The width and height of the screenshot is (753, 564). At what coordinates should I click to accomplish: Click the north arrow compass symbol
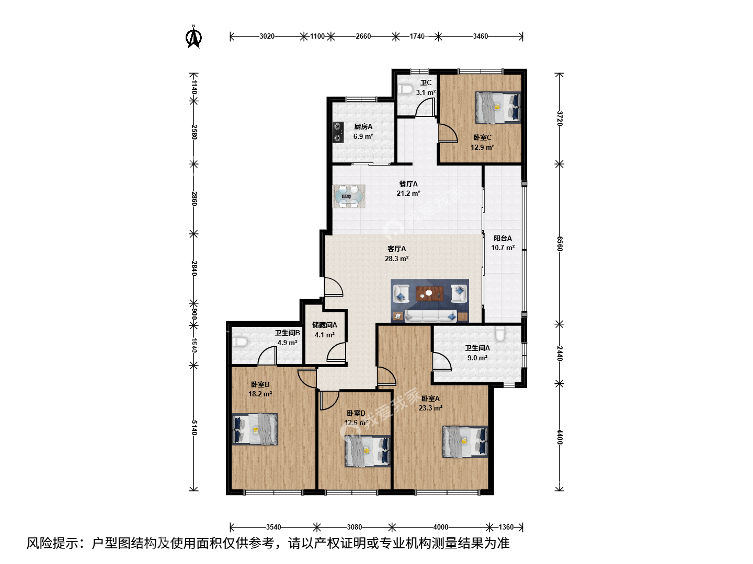[x=193, y=37]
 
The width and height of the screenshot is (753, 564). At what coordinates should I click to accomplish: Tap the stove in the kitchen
[x=338, y=132]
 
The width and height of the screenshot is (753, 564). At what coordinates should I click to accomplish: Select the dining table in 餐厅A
[x=349, y=196]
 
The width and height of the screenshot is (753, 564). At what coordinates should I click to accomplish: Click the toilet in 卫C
[x=406, y=89]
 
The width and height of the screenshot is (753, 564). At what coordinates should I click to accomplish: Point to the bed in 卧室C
[x=498, y=107]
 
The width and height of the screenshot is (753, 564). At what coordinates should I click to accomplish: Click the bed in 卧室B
[x=255, y=429]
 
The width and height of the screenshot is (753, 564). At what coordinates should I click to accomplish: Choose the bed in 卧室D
[x=368, y=451]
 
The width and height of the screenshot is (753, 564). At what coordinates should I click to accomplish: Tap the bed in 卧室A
[x=465, y=442]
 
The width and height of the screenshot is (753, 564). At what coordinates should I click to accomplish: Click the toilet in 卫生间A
[x=500, y=334]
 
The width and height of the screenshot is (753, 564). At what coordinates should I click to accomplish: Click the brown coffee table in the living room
[x=429, y=294]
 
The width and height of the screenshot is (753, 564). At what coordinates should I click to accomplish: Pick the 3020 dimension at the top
[x=267, y=37]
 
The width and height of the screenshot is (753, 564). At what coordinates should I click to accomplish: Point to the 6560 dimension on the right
[x=560, y=244]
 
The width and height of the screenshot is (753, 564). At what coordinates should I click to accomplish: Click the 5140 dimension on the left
[x=194, y=428]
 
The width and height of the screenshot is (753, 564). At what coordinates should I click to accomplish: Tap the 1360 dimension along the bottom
[x=506, y=527]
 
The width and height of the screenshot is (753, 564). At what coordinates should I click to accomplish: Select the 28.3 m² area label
[x=396, y=258]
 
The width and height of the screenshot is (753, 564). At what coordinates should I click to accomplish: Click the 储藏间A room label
[x=325, y=325]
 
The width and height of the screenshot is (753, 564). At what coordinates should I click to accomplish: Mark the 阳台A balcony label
[x=503, y=238]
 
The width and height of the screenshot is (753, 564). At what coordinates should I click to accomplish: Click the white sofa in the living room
[x=430, y=316]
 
